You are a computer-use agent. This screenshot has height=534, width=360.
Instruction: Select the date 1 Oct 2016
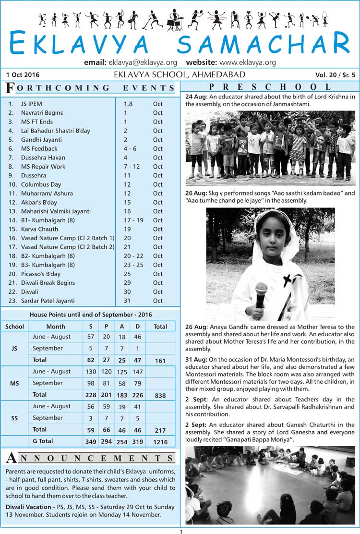click(24, 75)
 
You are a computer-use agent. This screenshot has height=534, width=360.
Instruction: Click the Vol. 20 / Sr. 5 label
click(336, 75)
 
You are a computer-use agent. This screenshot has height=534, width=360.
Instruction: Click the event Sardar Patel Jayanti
click(48, 301)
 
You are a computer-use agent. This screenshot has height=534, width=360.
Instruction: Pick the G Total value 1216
click(160, 441)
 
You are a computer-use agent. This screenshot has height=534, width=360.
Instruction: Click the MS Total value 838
click(160, 395)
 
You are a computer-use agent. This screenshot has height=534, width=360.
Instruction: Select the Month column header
click(56, 327)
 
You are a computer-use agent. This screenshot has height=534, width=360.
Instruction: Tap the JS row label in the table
click(14, 348)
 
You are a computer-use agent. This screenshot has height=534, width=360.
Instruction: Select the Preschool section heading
click(270, 87)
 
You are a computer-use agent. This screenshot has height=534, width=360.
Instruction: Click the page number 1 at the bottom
click(181, 531)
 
